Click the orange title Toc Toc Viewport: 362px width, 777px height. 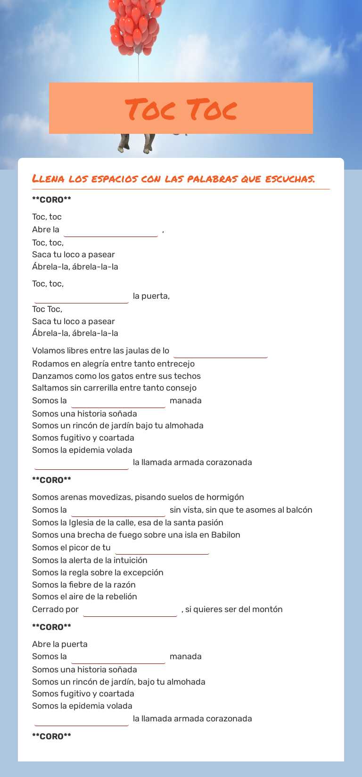pos(181,109)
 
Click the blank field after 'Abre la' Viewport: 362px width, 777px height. pos(111,230)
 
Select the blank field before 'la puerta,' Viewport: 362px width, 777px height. pos(82,297)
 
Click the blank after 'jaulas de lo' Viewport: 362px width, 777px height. pos(220,352)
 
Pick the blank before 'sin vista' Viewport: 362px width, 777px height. pos(118,511)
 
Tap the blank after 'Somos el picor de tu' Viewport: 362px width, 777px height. pos(162,548)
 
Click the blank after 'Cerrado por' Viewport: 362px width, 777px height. pos(130,610)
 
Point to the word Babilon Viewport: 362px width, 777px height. pos(226,535)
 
